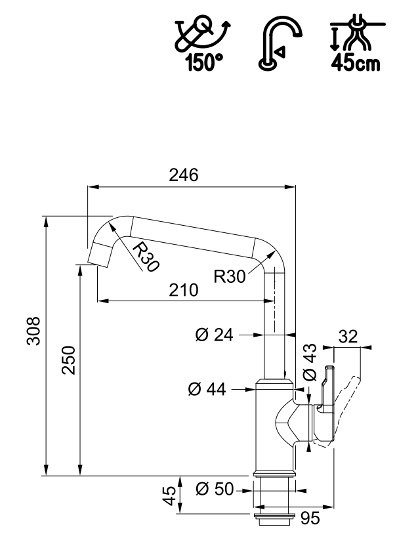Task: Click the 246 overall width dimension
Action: point(183,175)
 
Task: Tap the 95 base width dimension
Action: point(309,518)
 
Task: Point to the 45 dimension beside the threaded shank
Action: point(169,496)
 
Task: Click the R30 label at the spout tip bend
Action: point(146,257)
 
